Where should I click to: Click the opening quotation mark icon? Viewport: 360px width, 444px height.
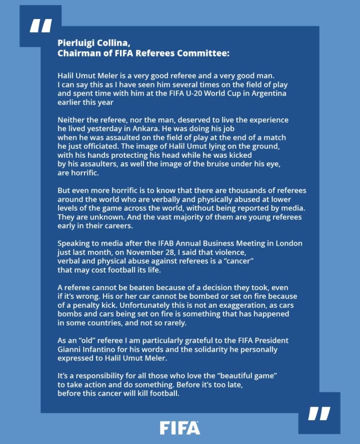pyautogui.click(x=40, y=26)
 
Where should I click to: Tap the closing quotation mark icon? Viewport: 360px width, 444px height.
pyautogui.click(x=319, y=413)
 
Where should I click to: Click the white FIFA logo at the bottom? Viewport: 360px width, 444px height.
pyautogui.click(x=179, y=428)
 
